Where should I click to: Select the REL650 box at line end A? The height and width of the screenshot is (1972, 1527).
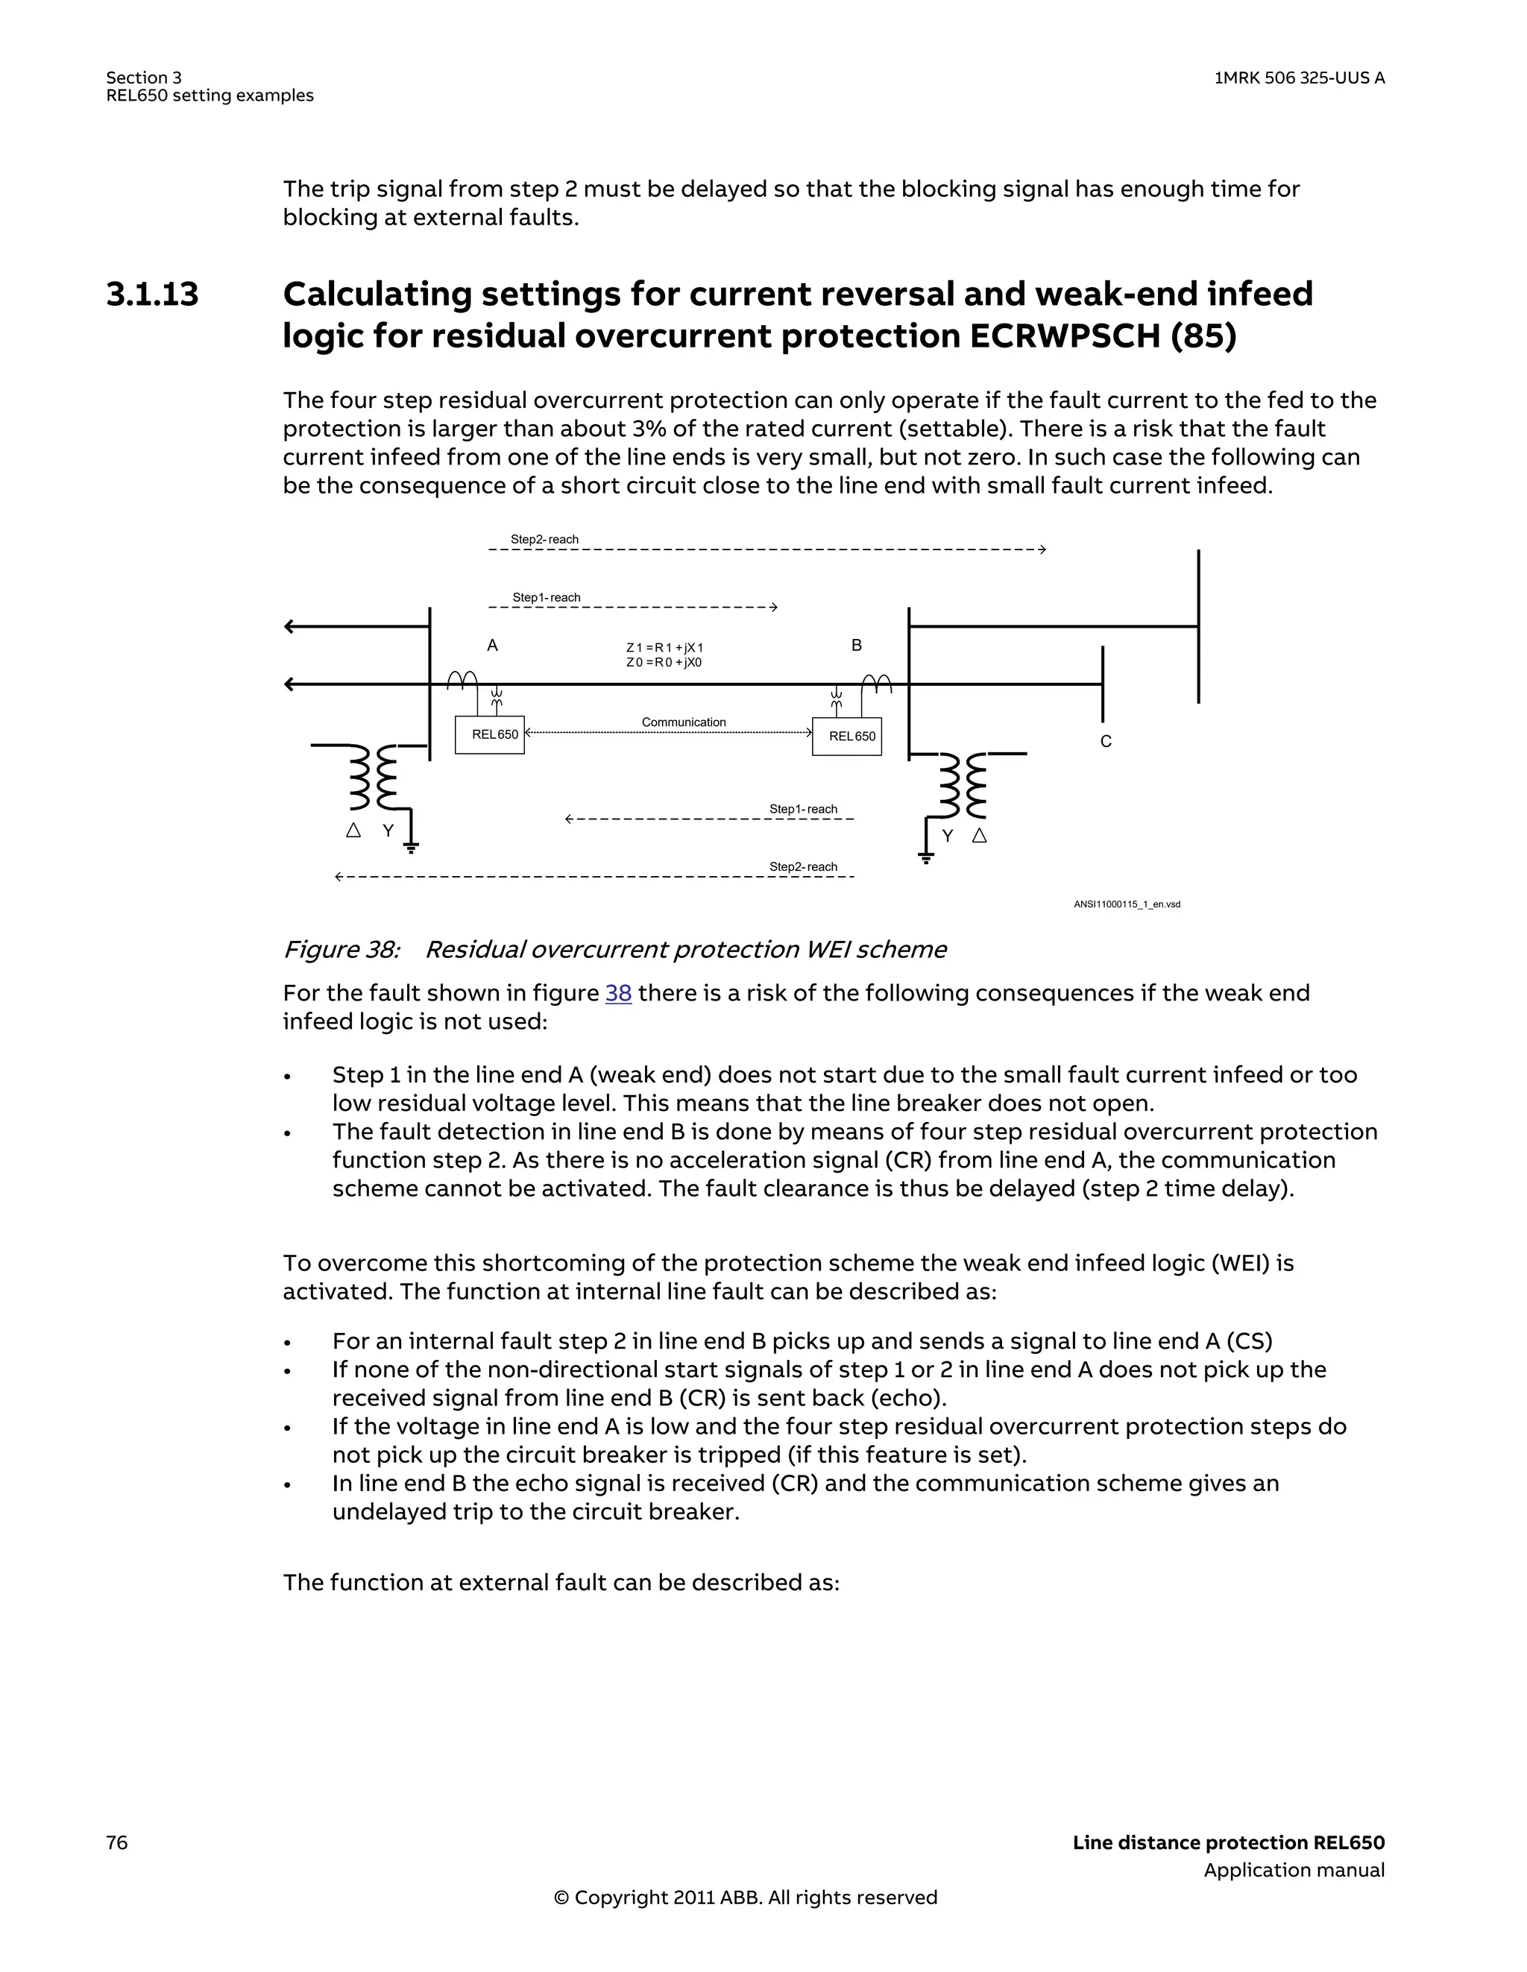click(x=489, y=735)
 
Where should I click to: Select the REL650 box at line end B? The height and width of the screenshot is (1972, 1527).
click(x=847, y=737)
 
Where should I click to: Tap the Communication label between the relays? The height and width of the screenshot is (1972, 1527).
click(x=684, y=722)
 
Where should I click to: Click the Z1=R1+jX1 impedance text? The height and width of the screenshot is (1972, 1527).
click(x=664, y=647)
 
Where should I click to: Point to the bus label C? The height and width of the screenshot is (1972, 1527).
click(x=1105, y=741)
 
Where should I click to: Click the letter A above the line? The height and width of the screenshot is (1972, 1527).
click(x=492, y=646)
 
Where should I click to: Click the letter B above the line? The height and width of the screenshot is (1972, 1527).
click(x=856, y=646)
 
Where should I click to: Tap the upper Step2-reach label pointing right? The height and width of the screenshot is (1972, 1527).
click(x=544, y=540)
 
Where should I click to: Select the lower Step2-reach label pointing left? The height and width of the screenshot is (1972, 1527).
click(x=803, y=867)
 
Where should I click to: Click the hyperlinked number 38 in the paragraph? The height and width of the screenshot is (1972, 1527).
click(x=617, y=993)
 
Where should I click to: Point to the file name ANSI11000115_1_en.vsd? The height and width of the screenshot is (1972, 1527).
click(x=1126, y=904)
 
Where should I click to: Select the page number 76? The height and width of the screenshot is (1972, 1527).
click(x=117, y=1843)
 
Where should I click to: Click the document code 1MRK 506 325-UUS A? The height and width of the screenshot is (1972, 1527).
click(x=1299, y=78)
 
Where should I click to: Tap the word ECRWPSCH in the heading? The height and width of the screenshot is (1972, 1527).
click(x=1065, y=337)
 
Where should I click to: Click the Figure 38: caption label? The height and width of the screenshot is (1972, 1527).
click(x=341, y=950)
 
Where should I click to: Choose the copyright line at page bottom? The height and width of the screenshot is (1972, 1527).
click(x=745, y=1897)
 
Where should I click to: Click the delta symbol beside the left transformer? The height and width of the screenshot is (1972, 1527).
click(x=354, y=830)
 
